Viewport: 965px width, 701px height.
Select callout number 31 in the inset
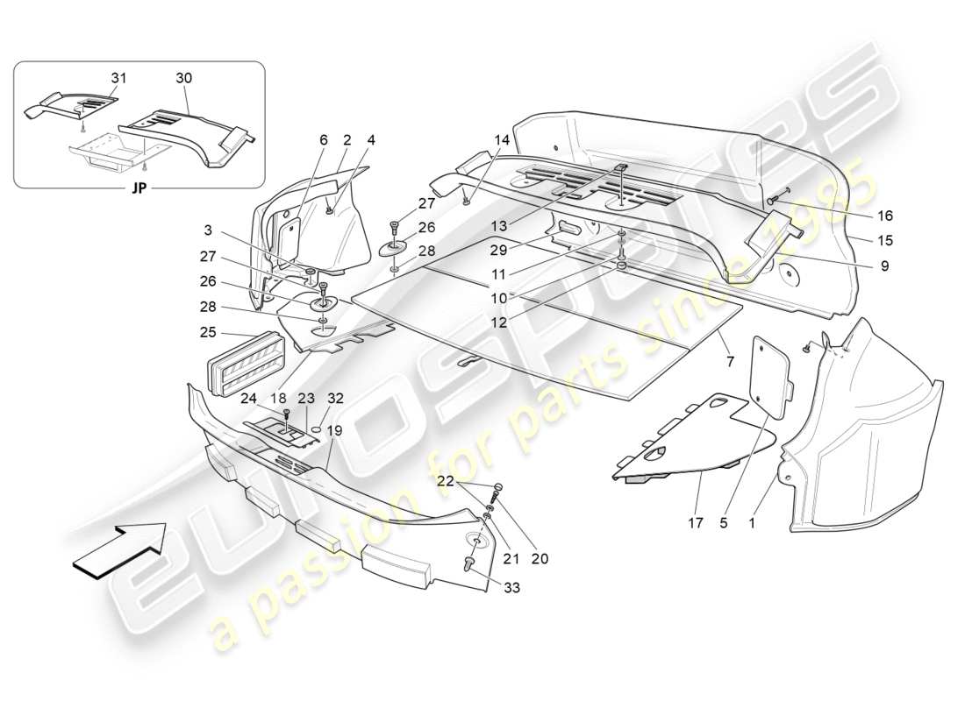[x=118, y=78]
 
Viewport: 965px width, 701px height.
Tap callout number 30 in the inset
[x=183, y=78]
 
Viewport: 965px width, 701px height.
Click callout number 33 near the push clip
[x=511, y=588]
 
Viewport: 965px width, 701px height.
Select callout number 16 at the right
[x=883, y=215]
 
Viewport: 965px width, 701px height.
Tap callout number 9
[x=883, y=266]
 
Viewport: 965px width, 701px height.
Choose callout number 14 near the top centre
[x=501, y=139]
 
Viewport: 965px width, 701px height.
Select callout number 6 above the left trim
[x=323, y=139]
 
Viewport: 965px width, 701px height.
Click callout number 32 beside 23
[x=336, y=398]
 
